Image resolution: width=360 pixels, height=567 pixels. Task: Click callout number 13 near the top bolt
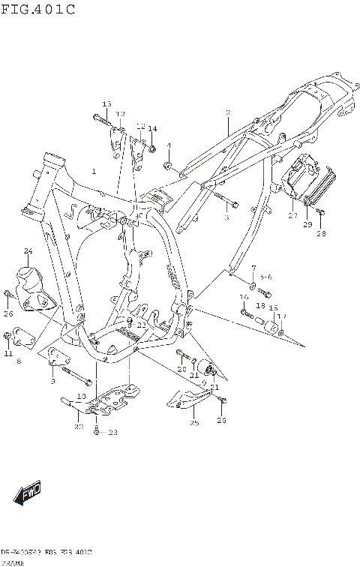click(106, 104)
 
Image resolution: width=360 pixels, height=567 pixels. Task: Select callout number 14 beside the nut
click(152, 129)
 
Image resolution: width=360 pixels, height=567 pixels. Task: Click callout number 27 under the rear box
click(292, 215)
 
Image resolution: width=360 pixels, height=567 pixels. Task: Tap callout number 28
click(321, 233)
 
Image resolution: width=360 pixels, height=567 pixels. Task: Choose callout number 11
click(8, 353)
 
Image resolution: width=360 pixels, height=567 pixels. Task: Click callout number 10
click(81, 396)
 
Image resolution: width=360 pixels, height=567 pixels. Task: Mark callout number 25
click(193, 423)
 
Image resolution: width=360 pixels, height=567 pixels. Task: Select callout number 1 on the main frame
click(94, 172)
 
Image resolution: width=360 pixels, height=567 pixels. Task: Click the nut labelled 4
click(169, 165)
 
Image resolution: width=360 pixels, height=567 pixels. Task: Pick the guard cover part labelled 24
click(31, 289)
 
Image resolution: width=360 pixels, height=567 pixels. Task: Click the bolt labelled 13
click(101, 118)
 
